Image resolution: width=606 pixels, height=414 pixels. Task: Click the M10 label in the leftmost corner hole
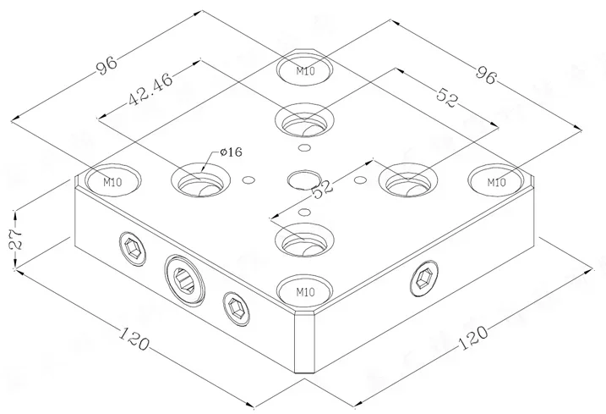point(112,180)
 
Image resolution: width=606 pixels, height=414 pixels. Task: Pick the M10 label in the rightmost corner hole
point(496,180)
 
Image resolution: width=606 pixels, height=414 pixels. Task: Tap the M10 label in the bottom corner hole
point(305,292)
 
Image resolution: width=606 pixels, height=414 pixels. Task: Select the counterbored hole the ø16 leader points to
point(201,179)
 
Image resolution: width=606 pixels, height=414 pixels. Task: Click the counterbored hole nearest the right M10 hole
point(407,179)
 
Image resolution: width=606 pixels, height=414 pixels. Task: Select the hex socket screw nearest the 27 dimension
point(132,248)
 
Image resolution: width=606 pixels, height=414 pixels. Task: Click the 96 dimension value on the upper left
point(106,65)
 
